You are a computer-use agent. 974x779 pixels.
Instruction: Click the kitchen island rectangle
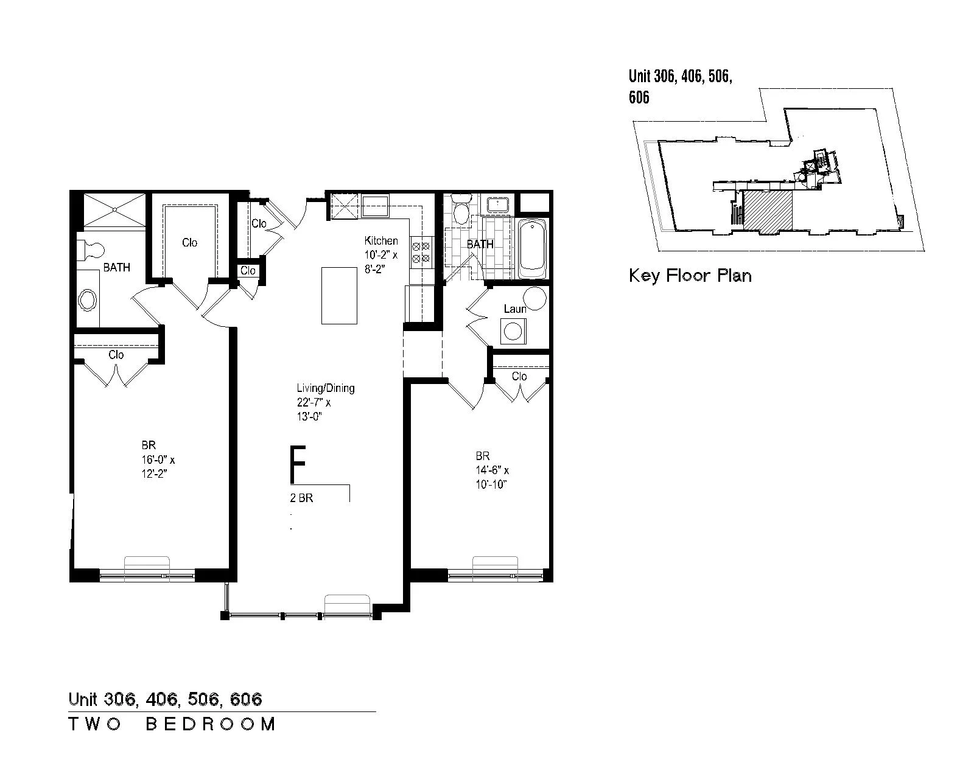339,296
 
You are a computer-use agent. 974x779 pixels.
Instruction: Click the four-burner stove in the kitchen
421,253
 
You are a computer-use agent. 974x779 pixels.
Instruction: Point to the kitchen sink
375,206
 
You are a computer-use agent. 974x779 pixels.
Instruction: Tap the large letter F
298,464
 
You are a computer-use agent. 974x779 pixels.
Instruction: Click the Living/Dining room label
326,388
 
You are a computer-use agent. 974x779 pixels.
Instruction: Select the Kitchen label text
381,241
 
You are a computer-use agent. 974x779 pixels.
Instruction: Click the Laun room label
515,309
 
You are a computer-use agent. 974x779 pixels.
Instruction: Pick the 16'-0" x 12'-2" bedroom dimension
158,467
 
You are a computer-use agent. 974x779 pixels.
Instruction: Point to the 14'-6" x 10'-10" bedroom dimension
492,477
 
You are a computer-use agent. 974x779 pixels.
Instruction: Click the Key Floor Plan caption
690,276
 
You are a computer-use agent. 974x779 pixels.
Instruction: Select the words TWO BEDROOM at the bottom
172,724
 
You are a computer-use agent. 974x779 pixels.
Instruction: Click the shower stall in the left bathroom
115,209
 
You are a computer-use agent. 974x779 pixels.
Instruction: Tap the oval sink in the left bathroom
87,299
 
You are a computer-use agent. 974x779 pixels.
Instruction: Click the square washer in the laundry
513,331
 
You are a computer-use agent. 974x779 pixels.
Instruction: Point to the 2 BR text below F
301,498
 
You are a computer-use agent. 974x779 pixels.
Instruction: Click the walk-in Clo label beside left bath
190,243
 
